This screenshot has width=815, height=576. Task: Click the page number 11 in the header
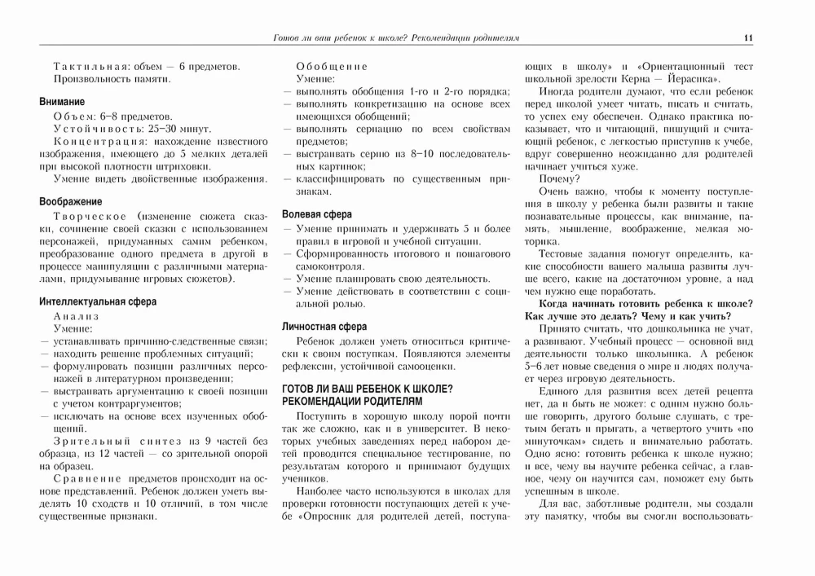pos(747,37)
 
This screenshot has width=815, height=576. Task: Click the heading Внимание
pos(62,102)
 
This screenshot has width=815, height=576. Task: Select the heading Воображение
pos(71,201)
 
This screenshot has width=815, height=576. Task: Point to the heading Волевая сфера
pos(317,214)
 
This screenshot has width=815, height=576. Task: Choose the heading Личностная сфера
pos(324,327)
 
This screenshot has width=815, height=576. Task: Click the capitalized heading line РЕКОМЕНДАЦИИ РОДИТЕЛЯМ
pos(353,402)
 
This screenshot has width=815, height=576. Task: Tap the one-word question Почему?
pos(559,178)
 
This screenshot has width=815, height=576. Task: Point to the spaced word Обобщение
pos(332,66)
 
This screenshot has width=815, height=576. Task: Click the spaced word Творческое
pos(90,216)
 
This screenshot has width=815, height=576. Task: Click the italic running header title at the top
pos(398,37)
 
